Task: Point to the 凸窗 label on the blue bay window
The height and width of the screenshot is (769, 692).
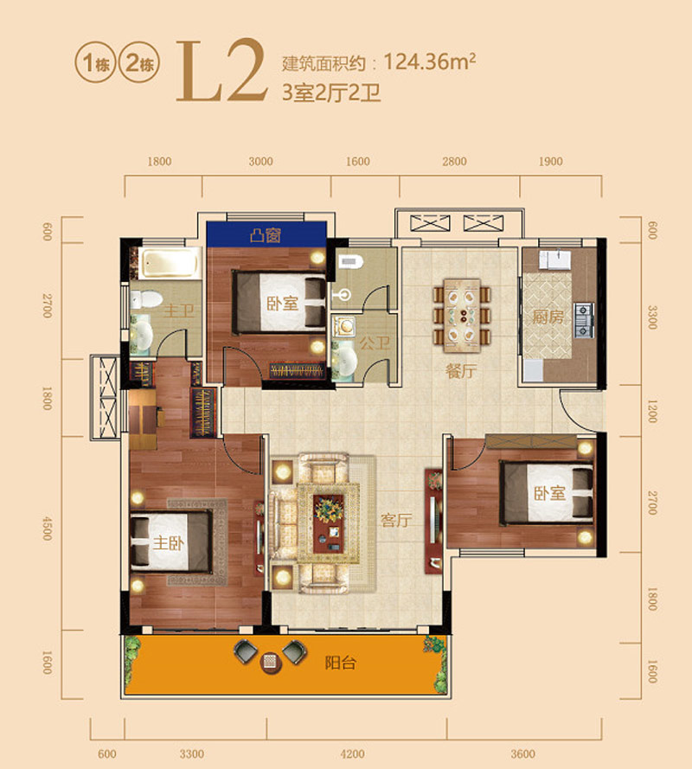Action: click(x=265, y=234)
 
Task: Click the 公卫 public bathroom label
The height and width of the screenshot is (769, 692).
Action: click(x=377, y=343)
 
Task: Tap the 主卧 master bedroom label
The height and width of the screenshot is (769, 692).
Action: click(x=169, y=544)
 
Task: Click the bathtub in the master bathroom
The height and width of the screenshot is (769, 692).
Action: click(x=170, y=262)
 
